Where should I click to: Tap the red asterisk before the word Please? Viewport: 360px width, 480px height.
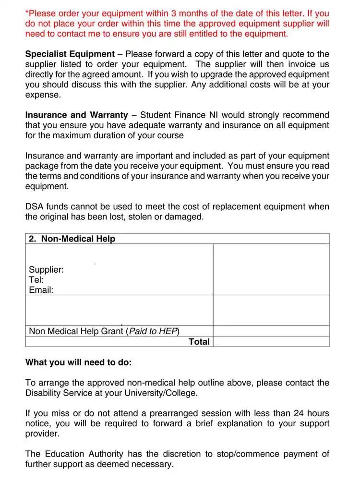27,12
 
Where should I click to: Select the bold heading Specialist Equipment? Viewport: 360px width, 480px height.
70,54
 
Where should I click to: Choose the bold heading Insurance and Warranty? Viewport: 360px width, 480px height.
77,115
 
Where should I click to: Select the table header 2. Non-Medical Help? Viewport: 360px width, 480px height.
72,239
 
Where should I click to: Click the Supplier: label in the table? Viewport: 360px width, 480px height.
46,269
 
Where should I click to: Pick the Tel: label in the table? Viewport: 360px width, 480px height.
36,279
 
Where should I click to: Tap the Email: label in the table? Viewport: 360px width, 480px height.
41,290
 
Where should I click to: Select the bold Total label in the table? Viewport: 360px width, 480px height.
199,341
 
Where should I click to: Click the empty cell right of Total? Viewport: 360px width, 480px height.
271,341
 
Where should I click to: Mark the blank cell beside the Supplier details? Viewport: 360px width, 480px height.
271,269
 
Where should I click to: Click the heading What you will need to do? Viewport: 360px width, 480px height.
78,362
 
